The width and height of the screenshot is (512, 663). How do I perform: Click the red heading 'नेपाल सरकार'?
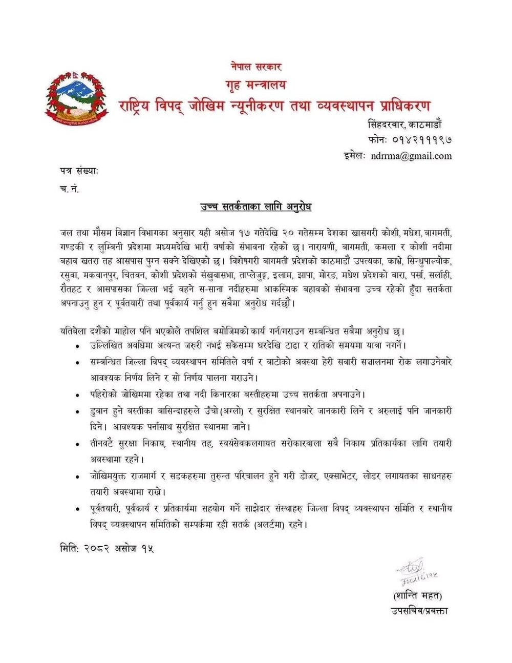tap(256, 66)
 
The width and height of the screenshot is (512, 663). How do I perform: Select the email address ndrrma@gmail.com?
tap(412, 156)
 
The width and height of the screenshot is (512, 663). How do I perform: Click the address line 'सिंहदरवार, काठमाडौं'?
tap(410, 124)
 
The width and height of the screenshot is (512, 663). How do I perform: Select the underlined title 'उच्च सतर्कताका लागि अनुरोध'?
tap(256, 207)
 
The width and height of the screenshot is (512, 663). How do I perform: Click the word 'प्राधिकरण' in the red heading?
tap(397, 106)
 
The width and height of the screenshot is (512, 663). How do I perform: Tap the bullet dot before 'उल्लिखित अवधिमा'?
tap(78, 346)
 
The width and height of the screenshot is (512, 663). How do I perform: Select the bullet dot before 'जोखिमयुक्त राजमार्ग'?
tap(78, 477)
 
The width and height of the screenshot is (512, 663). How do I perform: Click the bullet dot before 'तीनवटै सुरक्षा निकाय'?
tap(78, 444)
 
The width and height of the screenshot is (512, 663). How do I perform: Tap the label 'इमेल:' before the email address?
tap(354, 156)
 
